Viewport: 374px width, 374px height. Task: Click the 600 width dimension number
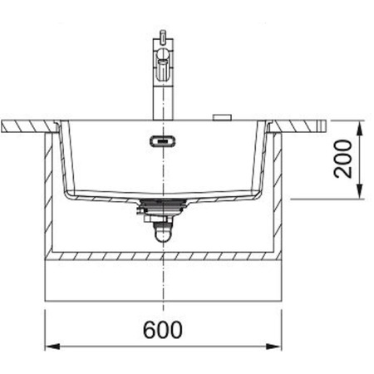pyautogui.click(x=163, y=329)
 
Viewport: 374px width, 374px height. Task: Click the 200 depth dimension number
pyautogui.click(x=343, y=159)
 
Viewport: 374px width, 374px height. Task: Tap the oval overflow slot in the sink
pyautogui.click(x=163, y=141)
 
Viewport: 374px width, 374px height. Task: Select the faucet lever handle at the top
pyautogui.click(x=163, y=36)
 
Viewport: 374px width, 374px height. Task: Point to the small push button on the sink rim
pyautogui.click(x=222, y=117)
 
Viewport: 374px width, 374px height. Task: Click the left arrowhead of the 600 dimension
pyautogui.click(x=52, y=347)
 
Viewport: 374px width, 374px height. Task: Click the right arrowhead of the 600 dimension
pyautogui.click(x=273, y=347)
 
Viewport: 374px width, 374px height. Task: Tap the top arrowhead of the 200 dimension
pyautogui.click(x=359, y=128)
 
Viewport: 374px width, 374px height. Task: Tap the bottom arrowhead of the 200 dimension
pyautogui.click(x=359, y=191)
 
